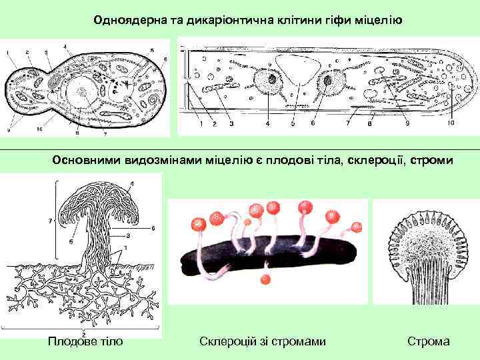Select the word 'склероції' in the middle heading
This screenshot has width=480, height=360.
370,160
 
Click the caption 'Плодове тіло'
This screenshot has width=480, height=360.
85,341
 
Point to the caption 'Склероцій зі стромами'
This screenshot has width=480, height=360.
263,341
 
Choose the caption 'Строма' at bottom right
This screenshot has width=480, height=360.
429,341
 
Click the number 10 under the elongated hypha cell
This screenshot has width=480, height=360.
451,123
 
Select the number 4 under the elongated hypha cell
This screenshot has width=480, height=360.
267,123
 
